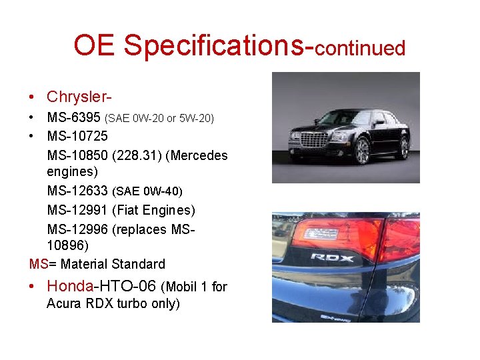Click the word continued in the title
360,49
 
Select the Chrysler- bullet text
79,97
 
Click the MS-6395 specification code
74,118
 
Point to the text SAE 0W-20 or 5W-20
159,119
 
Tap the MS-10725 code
77,137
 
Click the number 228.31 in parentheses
137,155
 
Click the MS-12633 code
77,191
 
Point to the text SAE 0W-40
147,192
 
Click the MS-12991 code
77,210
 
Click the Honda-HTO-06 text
101,287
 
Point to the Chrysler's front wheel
363,151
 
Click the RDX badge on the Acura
332,257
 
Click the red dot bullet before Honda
33,287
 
